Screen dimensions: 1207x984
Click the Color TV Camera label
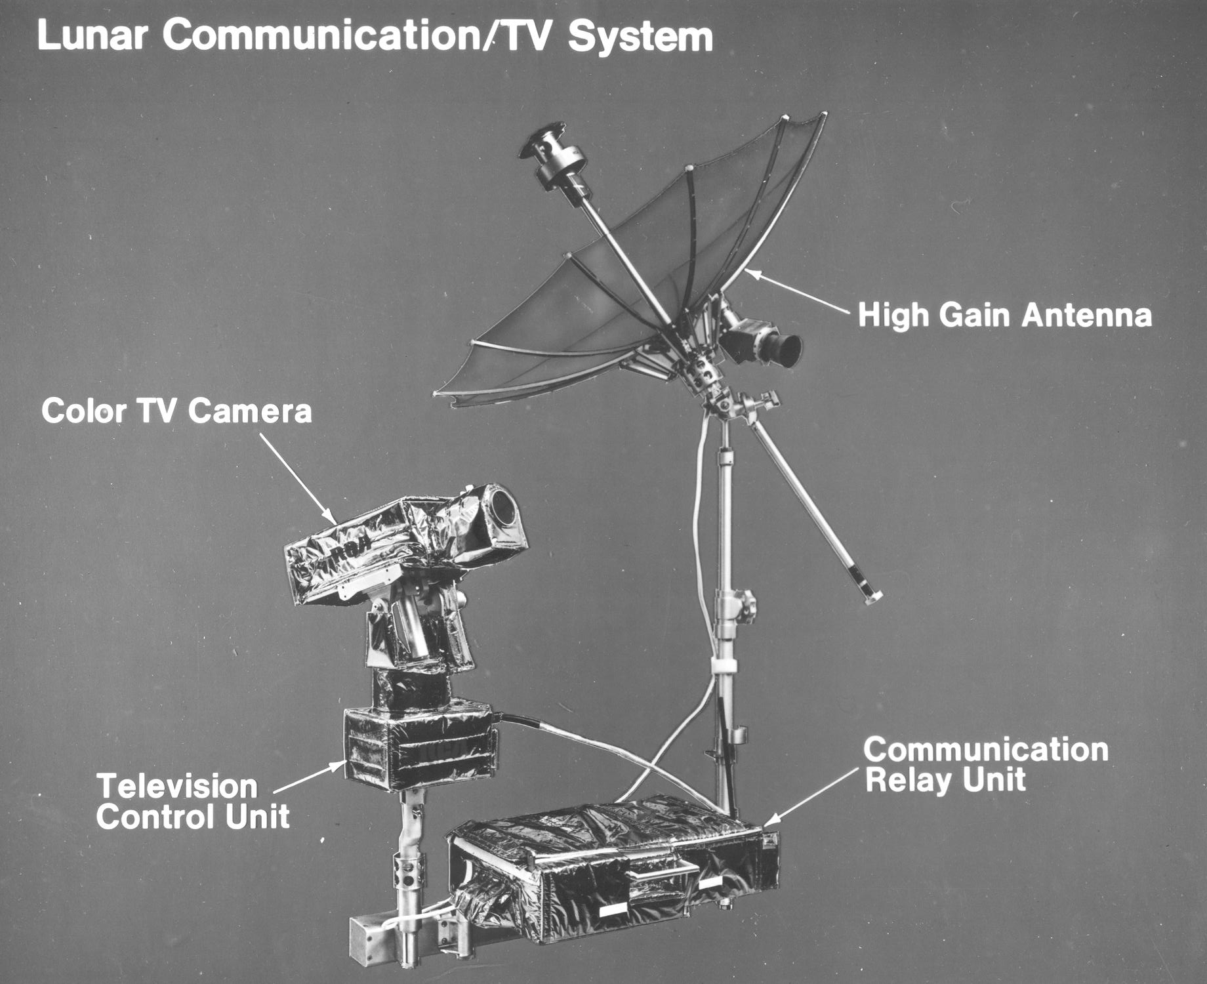176,412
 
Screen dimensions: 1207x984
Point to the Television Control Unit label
194,802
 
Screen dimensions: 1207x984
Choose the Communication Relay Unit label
986,765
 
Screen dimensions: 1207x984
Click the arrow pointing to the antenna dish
800,291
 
